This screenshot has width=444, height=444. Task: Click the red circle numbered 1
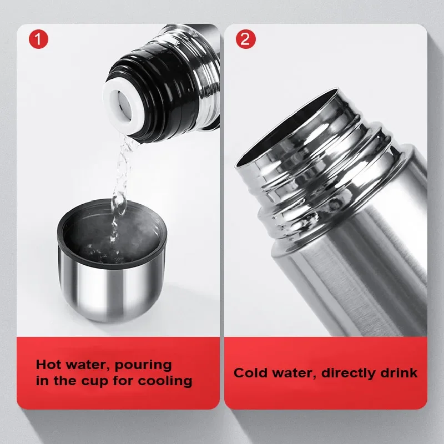click(38, 39)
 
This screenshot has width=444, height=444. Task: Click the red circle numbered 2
click(245, 39)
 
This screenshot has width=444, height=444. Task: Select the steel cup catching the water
click(112, 260)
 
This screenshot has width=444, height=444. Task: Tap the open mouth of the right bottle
click(286, 128)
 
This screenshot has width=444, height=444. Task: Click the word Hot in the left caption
click(49, 364)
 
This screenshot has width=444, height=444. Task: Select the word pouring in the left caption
click(143, 365)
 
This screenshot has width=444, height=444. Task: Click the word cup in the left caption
click(94, 381)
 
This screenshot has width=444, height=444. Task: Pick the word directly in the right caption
click(349, 373)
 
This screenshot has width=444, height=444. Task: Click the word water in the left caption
click(88, 365)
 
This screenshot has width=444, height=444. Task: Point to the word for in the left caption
click(123, 381)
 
